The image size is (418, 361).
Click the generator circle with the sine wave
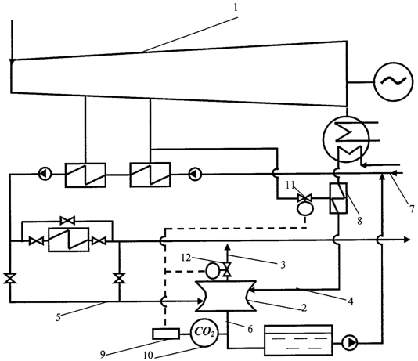click(x=394, y=82)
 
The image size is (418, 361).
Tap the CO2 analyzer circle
click(x=205, y=333)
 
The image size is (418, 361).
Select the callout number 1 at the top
click(x=236, y=8)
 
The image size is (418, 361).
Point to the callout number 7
click(x=413, y=208)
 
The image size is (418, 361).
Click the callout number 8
click(x=359, y=221)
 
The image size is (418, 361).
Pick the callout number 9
click(x=103, y=354)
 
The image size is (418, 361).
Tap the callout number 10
click(x=148, y=356)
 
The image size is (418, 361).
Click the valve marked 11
click(x=305, y=198)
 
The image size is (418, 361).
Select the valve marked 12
click(x=227, y=269)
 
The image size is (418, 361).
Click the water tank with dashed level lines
click(x=298, y=340)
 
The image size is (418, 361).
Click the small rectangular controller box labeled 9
click(x=165, y=334)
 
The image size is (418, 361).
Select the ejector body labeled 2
click(x=226, y=296)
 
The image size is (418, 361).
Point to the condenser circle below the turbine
click(x=346, y=139)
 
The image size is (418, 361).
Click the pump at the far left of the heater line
click(x=45, y=174)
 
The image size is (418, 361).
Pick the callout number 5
click(x=58, y=318)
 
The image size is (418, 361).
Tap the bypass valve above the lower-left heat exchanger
click(x=67, y=221)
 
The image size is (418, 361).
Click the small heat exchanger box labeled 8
click(x=338, y=198)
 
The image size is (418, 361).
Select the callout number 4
click(x=351, y=301)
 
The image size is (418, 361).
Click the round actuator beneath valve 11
click(x=305, y=208)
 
